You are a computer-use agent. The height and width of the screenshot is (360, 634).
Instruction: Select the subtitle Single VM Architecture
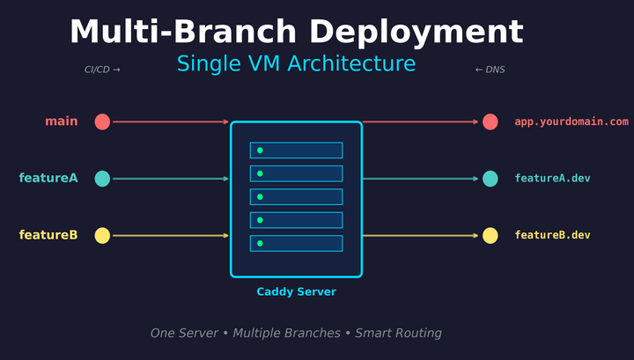[296, 64]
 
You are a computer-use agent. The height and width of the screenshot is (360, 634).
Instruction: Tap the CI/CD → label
[102, 70]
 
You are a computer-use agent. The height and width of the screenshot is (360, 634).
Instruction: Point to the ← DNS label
[490, 70]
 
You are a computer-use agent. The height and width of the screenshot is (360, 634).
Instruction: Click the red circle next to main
[102, 121]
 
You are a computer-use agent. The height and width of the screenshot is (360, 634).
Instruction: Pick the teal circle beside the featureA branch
[102, 179]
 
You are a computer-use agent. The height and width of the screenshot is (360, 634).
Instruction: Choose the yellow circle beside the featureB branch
[102, 235]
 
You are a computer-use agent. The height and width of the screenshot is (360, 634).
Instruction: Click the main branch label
[62, 121]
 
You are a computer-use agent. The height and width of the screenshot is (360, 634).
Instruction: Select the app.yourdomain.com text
[571, 121]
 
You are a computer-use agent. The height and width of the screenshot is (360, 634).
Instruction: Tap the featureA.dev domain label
[552, 179]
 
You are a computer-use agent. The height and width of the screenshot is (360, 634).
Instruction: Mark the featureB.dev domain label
[552, 235]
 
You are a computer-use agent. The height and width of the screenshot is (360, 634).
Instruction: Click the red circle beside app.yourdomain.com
[490, 121]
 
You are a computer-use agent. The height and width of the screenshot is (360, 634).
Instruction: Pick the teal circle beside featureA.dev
[490, 179]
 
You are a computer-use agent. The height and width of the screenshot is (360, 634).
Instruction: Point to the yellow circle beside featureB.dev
[490, 235]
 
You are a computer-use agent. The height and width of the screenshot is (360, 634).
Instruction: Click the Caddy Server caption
[296, 291]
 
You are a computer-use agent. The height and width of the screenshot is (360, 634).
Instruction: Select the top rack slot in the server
[296, 151]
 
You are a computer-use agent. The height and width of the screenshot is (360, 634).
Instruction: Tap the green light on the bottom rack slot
[260, 243]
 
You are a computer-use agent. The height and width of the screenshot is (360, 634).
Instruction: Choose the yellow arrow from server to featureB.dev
[420, 235]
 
